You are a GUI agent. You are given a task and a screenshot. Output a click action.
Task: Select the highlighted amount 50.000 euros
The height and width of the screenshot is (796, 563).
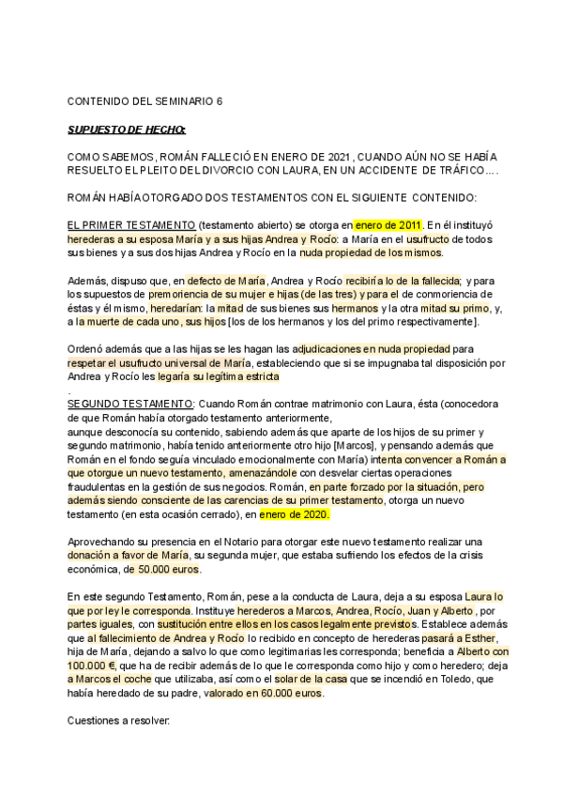[x=168, y=569]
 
